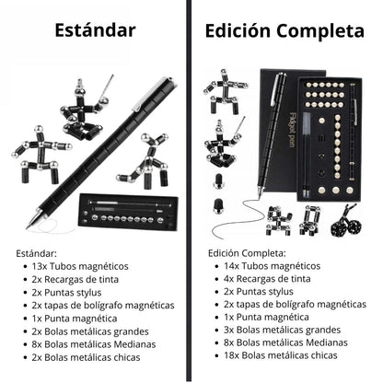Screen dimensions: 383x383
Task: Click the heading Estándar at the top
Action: tap(95, 30)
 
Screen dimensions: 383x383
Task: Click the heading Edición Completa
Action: tap(284, 30)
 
